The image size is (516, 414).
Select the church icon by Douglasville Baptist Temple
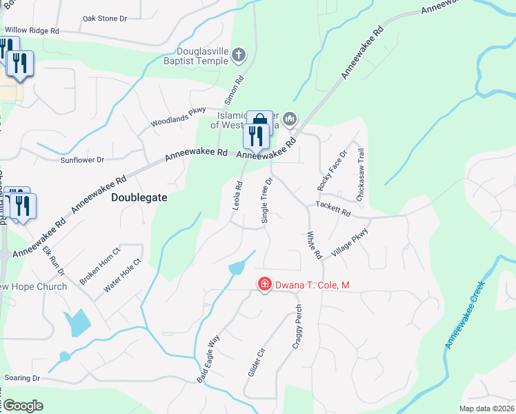click(239, 54)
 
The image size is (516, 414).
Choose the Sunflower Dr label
click(81, 159)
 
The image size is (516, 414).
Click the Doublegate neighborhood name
click(139, 197)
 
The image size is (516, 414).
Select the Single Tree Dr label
click(266, 199)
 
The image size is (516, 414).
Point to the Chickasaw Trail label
click(360, 175)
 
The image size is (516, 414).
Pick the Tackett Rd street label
click(334, 205)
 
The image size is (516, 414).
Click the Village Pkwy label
click(350, 243)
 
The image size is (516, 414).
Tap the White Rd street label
click(315, 245)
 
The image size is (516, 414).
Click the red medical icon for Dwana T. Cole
click(264, 284)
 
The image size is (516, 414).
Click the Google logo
click(23, 405)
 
